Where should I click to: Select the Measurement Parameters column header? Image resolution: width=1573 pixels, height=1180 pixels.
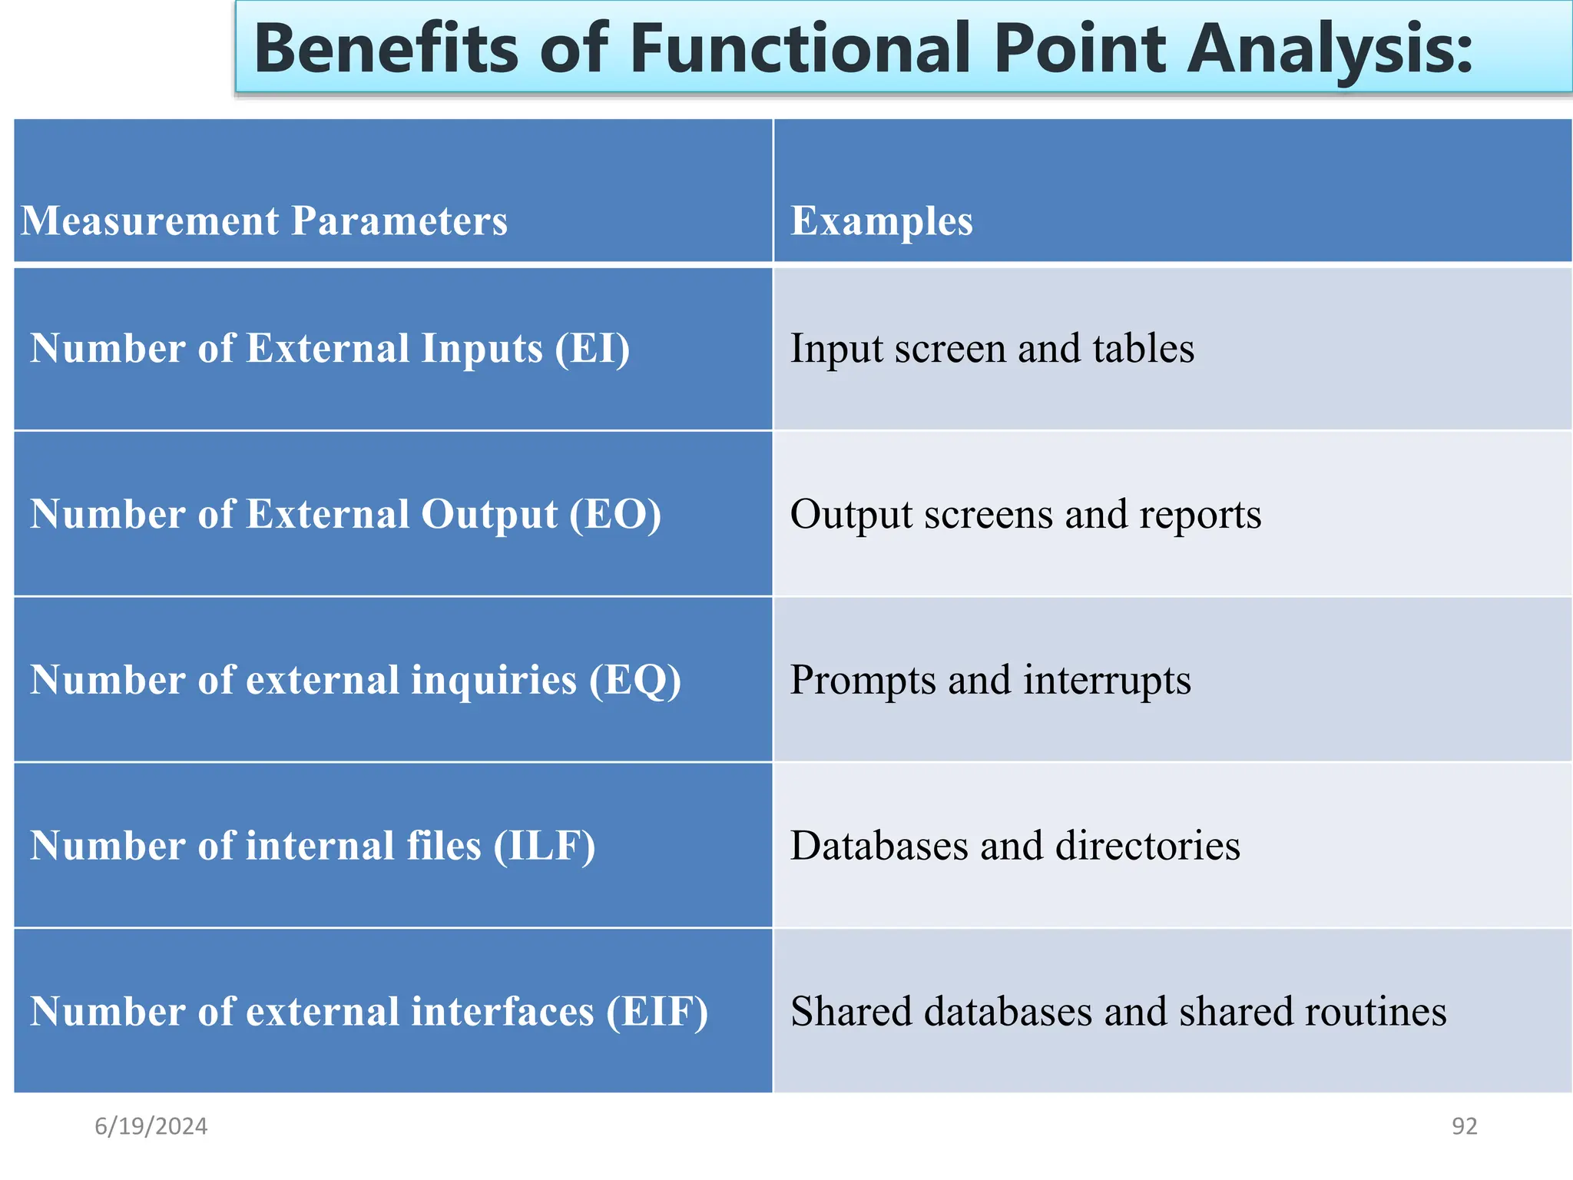[264, 221]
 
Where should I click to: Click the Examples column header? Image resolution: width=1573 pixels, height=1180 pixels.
[882, 221]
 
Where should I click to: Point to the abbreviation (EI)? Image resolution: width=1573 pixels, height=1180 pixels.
[592, 349]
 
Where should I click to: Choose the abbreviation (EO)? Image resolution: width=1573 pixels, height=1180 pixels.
[615, 515]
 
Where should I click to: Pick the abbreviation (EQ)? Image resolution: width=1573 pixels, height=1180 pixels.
[635, 681]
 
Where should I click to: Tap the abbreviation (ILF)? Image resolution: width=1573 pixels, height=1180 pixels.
[545, 846]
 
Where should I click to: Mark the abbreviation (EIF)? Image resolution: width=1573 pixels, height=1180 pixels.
[657, 1012]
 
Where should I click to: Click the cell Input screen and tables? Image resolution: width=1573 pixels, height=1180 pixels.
[992, 349]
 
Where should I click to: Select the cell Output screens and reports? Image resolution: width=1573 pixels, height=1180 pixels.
[1025, 515]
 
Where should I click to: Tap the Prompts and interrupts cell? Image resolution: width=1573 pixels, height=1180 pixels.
[991, 681]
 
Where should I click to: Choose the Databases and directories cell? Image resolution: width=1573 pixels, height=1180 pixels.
[1015, 846]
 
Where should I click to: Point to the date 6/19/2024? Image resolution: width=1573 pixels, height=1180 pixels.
[151, 1126]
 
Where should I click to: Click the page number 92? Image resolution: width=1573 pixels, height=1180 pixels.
[1464, 1126]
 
